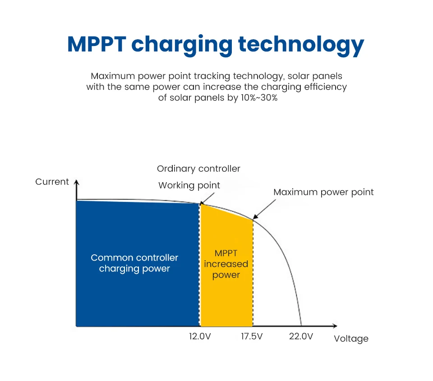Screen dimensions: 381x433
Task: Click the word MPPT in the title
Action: tap(96, 45)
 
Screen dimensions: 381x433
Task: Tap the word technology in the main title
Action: tap(301, 45)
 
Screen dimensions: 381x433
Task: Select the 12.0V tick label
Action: tap(200, 337)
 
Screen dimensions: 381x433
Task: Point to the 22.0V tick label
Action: tap(301, 337)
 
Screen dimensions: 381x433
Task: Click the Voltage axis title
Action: tap(351, 339)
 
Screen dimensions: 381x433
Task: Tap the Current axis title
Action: tap(52, 182)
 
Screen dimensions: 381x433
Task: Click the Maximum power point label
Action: tap(323, 192)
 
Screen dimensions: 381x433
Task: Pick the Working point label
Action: tap(189, 185)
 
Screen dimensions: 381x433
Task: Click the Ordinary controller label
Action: tap(198, 169)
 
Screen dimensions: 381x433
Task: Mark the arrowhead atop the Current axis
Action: tap(76, 182)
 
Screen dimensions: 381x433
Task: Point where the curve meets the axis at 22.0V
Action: tap(301, 325)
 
